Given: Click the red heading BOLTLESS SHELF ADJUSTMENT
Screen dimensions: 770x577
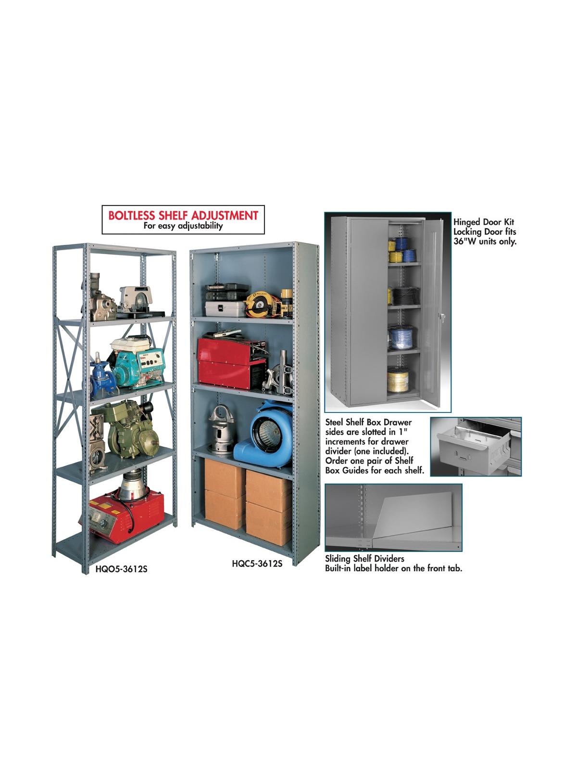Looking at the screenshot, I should coord(183,215).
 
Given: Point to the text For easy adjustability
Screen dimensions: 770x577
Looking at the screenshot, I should coord(183,226).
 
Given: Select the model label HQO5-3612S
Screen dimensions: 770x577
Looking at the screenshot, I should coord(121,570).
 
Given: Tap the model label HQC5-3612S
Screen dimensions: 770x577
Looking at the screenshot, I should coord(257,564).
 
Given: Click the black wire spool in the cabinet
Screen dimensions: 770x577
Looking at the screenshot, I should coord(399,295).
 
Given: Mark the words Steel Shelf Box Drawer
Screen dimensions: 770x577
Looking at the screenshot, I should coord(368,422).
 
